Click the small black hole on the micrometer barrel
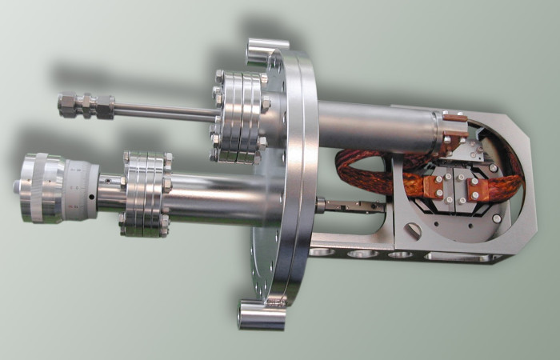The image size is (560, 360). point(94,194)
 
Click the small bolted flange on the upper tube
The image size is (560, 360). point(239,115)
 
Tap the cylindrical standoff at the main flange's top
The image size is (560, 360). point(263,53)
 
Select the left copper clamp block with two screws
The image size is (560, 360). point(438,190)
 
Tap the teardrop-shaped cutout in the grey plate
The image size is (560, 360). point(412,230)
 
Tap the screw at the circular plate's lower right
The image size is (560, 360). point(497,218)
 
